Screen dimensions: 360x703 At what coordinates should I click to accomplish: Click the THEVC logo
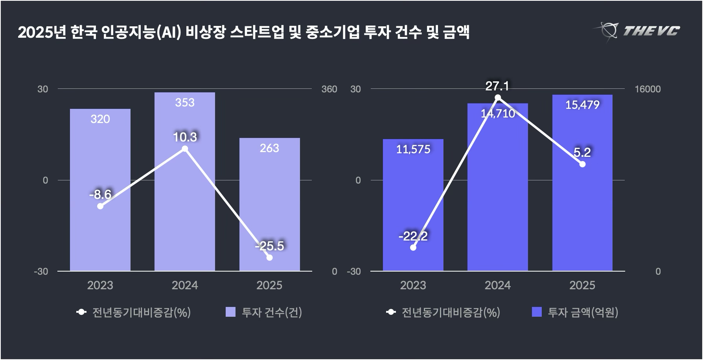(637, 31)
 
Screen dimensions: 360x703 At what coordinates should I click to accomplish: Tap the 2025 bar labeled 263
(269, 204)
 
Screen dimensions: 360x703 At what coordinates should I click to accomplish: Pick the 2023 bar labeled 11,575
(413, 204)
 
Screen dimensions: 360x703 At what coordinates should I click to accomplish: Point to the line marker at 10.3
(185, 149)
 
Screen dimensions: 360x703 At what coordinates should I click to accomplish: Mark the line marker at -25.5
(269, 257)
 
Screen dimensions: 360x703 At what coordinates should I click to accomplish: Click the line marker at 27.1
(498, 97)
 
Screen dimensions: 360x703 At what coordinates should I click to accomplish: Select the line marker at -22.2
(413, 247)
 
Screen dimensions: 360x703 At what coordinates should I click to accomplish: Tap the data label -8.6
(100, 195)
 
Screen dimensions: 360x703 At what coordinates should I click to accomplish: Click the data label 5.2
(582, 152)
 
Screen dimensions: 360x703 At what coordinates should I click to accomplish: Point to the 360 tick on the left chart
(329, 89)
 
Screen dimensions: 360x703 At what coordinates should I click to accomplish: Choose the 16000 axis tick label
(648, 89)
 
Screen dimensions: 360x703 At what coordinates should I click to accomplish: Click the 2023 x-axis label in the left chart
(100, 285)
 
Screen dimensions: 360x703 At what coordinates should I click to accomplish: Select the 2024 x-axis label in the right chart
(498, 285)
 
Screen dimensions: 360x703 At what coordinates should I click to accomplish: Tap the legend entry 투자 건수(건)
(272, 312)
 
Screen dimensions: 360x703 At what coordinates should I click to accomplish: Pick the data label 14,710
(498, 114)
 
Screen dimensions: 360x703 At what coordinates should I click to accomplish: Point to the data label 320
(100, 119)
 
